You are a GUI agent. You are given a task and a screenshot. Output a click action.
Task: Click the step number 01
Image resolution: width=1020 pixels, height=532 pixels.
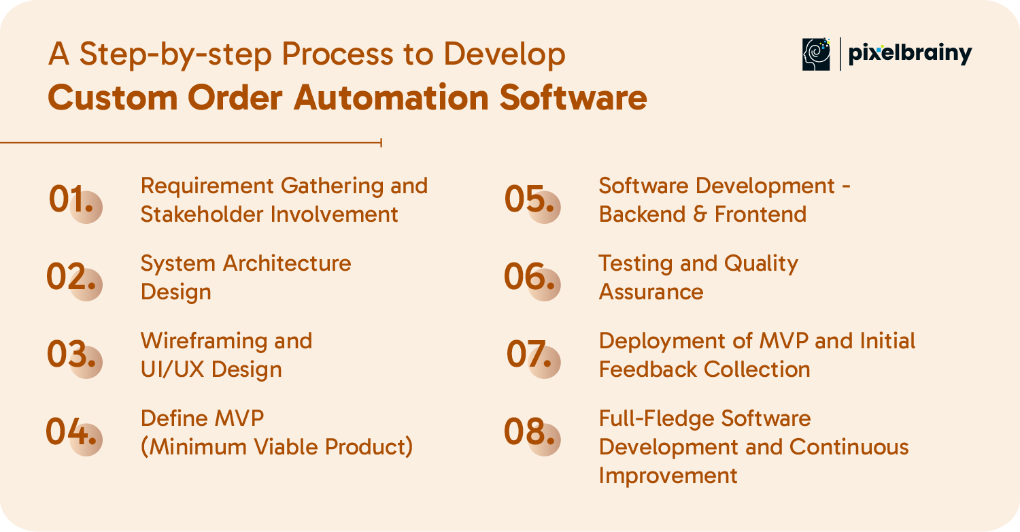coord(71,199)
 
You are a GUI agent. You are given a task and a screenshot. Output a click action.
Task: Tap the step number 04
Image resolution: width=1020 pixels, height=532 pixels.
coord(71,431)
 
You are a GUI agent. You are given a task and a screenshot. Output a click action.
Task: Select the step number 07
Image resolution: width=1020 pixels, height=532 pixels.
coord(529,354)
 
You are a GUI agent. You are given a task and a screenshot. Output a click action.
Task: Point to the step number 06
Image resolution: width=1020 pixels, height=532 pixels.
coord(529,276)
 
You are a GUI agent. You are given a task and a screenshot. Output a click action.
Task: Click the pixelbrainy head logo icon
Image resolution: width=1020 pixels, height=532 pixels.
coord(816,54)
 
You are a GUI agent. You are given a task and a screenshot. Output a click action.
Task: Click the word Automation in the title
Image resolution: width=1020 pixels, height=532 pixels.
coord(391,97)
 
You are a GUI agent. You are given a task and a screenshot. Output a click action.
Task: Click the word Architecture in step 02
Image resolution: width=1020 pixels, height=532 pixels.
coord(287,263)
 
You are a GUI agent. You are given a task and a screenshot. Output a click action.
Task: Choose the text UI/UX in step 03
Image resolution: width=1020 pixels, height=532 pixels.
coord(172,369)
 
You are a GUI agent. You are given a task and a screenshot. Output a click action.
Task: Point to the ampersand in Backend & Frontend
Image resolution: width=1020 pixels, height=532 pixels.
coord(700,214)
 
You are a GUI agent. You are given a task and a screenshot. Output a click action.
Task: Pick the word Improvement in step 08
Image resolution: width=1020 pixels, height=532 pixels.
coord(668,476)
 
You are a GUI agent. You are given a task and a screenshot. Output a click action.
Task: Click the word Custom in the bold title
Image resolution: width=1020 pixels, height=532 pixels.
coord(113,97)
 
